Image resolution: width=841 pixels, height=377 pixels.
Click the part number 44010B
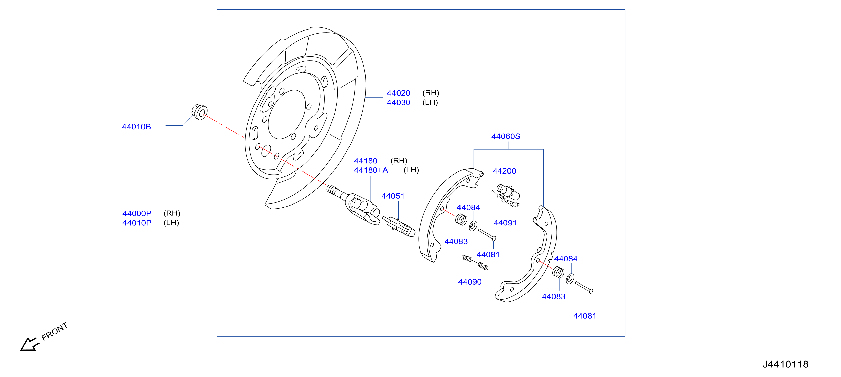(136, 127)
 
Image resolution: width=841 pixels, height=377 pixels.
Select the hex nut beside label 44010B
(199, 112)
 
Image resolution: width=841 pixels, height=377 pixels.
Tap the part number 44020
(398, 93)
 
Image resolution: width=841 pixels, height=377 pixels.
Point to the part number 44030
(398, 102)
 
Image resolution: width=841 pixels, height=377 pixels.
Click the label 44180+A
(371, 170)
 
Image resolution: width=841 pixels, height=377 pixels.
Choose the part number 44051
(393, 196)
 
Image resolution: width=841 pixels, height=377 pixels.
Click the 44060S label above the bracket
(506, 136)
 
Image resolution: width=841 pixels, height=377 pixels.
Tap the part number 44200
(504, 171)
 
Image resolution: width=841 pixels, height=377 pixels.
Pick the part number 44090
(470, 282)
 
